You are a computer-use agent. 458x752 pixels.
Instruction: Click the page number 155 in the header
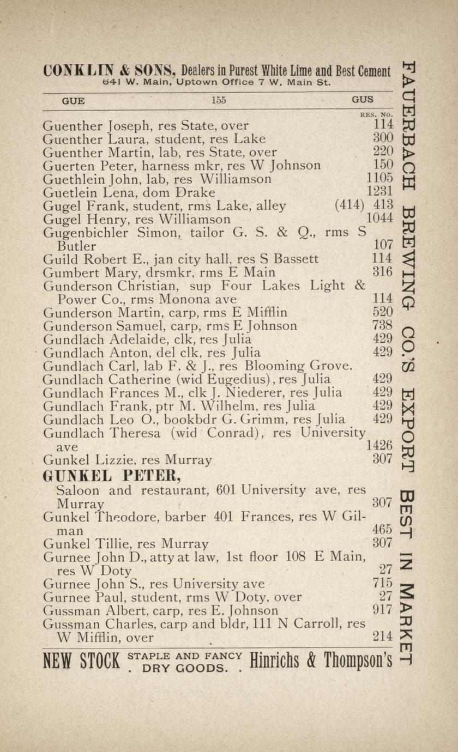pos(219,100)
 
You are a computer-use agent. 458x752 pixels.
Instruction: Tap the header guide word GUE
pos(73,100)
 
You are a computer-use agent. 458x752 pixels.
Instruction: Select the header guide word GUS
pos(363,100)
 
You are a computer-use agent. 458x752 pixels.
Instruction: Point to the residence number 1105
pos(380,178)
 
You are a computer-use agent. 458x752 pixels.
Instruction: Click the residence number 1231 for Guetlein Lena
pos(380,192)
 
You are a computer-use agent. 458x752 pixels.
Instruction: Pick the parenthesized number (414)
pos(349,205)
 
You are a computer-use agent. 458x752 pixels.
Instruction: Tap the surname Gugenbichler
pos(86,233)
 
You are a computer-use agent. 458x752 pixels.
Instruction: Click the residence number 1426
pos(380,446)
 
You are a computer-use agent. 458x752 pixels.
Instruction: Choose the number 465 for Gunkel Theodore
pos(383,529)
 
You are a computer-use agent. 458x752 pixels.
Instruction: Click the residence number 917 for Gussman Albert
pos(383,610)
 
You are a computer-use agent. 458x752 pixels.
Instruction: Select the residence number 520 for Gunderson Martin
pos(383,312)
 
